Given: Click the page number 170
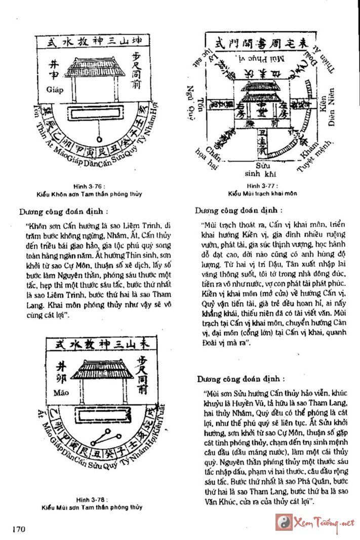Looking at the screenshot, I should point(17,529).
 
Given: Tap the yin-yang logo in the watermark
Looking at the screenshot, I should point(283,522).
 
